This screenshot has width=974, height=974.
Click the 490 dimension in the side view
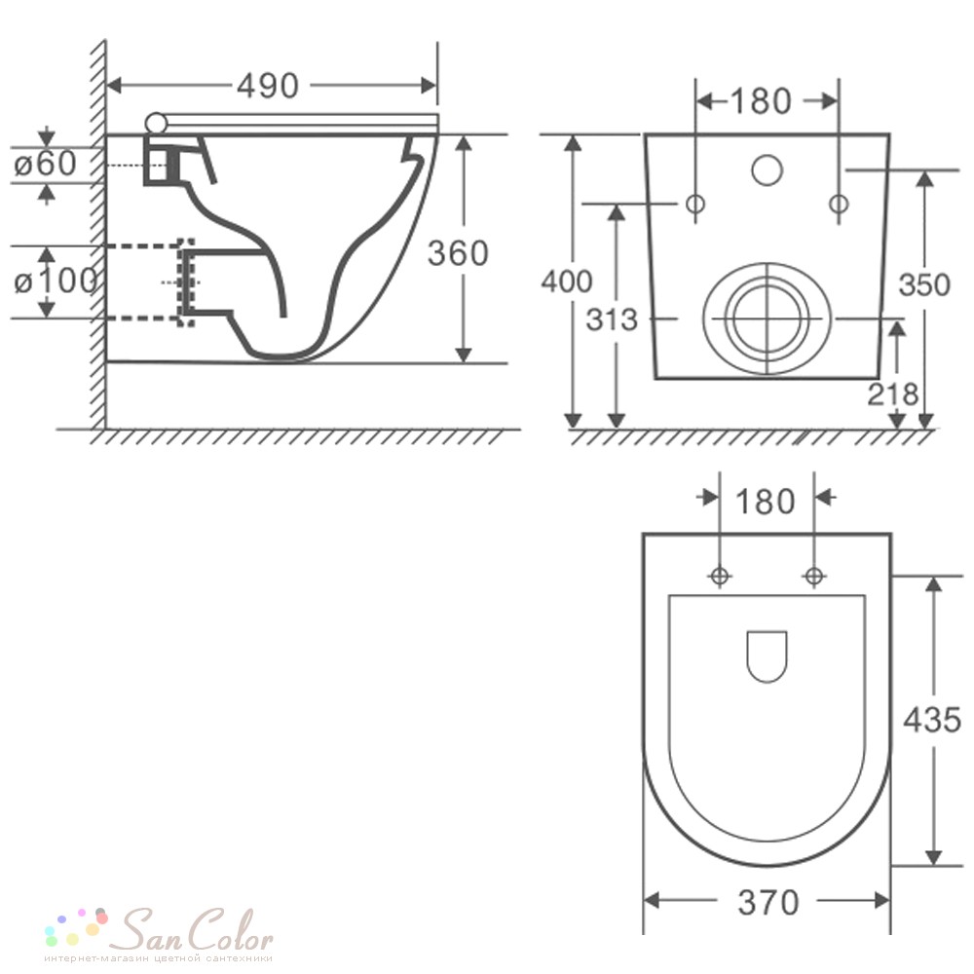click(x=268, y=86)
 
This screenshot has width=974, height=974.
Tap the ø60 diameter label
click(x=46, y=164)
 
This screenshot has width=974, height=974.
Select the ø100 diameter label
click(x=56, y=281)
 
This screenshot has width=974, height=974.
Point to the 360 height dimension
click(x=458, y=253)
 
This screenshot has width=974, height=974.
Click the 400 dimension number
click(x=567, y=281)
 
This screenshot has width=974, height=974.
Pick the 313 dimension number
click(x=612, y=319)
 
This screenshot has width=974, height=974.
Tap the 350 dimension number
click(x=925, y=285)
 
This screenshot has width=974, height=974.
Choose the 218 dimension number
click(x=892, y=393)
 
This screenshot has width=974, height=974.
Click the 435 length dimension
click(x=932, y=721)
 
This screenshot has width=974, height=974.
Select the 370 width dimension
click(x=768, y=903)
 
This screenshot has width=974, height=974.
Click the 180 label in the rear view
click(x=761, y=101)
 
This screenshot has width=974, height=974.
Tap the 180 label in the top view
click(x=766, y=502)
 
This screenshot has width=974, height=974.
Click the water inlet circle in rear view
click(x=768, y=169)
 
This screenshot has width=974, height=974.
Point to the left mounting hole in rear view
click(x=695, y=204)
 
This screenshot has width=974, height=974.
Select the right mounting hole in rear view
click(x=840, y=204)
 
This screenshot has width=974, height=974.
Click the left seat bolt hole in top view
click(x=720, y=576)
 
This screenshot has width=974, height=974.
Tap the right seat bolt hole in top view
click(x=814, y=576)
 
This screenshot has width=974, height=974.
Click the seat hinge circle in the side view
click(x=157, y=123)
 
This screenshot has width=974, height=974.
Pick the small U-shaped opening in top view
click(x=768, y=656)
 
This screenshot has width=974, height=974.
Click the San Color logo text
click(x=196, y=930)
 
